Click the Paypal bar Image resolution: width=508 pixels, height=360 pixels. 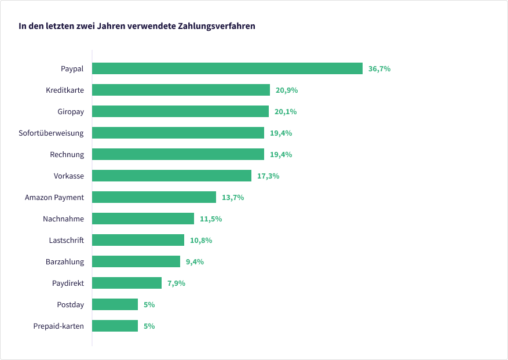(x=227, y=68)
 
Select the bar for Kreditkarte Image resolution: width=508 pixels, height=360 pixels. (x=181, y=90)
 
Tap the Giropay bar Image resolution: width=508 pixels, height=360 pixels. (x=180, y=111)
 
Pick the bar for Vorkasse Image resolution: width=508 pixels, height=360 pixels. (x=171, y=176)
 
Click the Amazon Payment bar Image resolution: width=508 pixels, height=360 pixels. (x=154, y=197)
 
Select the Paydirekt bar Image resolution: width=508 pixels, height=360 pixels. (x=127, y=283)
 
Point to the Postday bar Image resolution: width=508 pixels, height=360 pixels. (x=115, y=304)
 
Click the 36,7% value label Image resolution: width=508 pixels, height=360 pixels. (x=379, y=69)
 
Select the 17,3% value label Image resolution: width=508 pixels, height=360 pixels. (x=268, y=176)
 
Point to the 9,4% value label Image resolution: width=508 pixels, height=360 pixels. (x=195, y=262)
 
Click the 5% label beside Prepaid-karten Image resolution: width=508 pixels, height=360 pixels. (x=149, y=326)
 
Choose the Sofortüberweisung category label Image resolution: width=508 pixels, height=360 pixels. (x=51, y=133)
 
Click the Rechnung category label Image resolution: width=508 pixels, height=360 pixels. (x=67, y=155)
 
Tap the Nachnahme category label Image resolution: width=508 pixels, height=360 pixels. (x=63, y=219)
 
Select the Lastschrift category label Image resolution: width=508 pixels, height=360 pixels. (x=66, y=241)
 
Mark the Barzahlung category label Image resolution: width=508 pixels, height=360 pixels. (x=65, y=262)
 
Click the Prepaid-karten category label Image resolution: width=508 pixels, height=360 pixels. (x=59, y=326)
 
